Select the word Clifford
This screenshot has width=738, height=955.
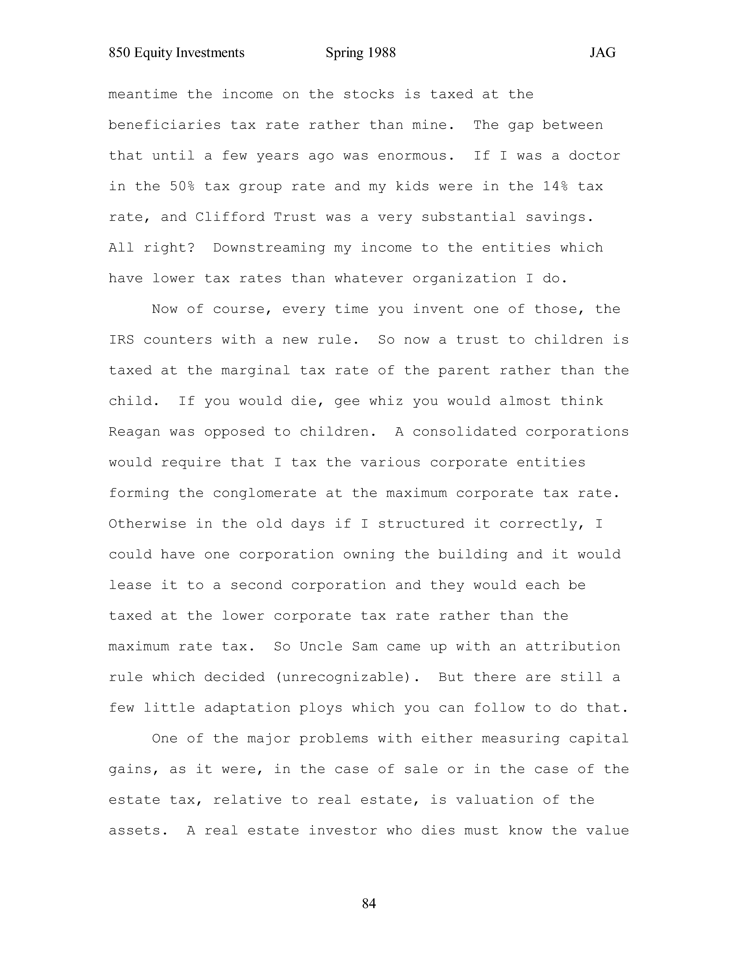[230, 217]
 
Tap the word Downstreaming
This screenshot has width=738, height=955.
[269, 248]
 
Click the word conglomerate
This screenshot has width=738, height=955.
[265, 493]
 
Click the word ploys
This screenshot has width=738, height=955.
[321, 708]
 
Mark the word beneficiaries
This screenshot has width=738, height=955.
[165, 125]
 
